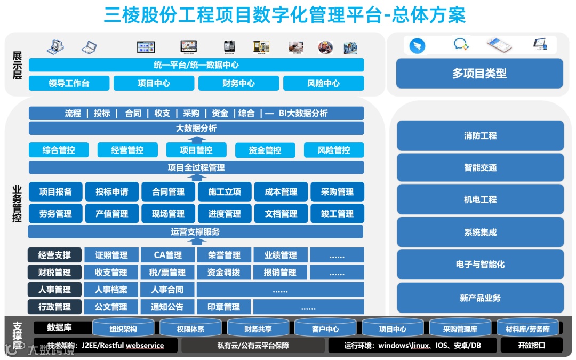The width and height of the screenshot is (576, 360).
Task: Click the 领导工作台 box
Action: [x=69, y=83]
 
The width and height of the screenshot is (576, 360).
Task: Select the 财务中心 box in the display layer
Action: [x=238, y=83]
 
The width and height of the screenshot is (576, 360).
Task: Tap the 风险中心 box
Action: [x=323, y=83]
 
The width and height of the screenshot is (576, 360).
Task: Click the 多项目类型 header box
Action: [x=479, y=74]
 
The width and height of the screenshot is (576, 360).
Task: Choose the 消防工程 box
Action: [x=480, y=135]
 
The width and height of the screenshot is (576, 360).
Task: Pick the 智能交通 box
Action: [x=480, y=167]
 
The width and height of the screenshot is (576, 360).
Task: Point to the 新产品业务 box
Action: [x=480, y=298]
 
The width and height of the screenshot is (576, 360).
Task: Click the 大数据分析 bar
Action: [x=196, y=129]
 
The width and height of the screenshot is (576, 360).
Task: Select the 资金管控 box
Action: [x=265, y=150]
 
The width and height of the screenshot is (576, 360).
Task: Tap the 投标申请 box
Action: [x=112, y=192]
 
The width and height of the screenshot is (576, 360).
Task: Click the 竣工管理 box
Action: [x=337, y=214]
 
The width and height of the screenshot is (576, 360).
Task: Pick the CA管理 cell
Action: [x=168, y=255]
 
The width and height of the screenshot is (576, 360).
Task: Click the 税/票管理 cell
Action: [x=167, y=273]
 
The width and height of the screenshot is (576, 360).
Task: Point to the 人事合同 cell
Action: [x=167, y=290]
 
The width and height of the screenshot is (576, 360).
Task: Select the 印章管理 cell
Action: [x=224, y=307]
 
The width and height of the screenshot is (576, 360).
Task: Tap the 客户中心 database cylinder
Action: [x=325, y=329]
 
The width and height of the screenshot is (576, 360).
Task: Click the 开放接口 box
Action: [x=531, y=345]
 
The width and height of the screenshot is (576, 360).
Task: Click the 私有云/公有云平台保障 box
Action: [x=253, y=345]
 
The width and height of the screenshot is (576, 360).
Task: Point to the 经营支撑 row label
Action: [x=55, y=255]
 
